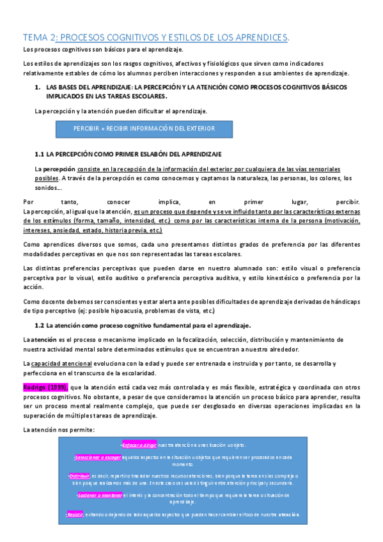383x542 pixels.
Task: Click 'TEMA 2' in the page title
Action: point(40,37)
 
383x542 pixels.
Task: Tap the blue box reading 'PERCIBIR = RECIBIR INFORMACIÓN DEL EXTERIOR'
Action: point(144,128)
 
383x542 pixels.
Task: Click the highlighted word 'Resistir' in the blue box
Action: point(75,515)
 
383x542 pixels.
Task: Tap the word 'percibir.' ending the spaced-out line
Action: point(347,201)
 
